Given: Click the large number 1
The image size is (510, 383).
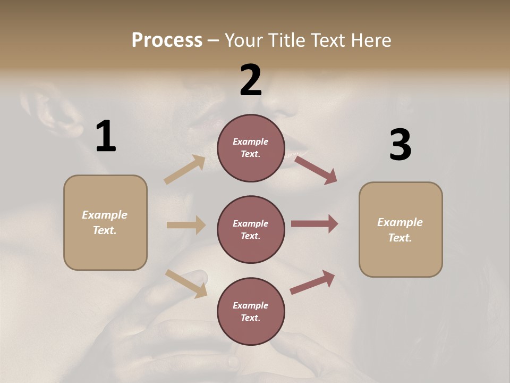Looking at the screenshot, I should (x=106, y=137).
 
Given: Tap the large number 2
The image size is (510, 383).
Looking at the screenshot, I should (x=251, y=80).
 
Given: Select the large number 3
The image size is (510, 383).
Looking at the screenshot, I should (x=400, y=145).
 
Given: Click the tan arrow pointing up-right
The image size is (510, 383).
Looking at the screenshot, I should (x=185, y=170).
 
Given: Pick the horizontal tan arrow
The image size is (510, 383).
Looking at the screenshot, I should (x=186, y=225).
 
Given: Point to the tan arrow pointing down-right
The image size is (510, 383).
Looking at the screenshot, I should (x=186, y=284).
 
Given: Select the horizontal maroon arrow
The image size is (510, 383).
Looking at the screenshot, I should (x=314, y=224).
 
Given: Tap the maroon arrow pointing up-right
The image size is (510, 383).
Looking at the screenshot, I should (x=312, y=282).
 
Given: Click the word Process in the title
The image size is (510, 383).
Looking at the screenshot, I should (x=167, y=40).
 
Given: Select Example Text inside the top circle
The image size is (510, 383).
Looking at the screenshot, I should (x=250, y=148).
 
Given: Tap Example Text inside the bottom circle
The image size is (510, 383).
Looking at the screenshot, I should (x=250, y=311).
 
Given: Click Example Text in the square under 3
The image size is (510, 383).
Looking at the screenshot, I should (x=400, y=230).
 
